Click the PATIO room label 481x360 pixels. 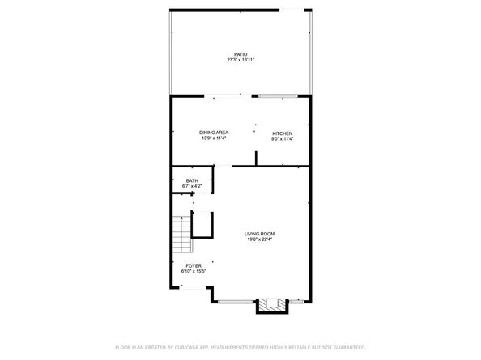click(x=240, y=55)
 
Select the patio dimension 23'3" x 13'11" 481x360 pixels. click(x=240, y=61)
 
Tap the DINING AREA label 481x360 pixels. click(x=215, y=133)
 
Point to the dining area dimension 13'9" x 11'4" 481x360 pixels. click(x=215, y=138)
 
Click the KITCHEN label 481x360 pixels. click(x=282, y=133)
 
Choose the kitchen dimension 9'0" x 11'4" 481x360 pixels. click(x=282, y=138)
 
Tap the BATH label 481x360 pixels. click(x=192, y=180)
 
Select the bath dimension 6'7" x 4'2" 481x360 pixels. click(x=192, y=186)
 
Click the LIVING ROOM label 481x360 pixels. click(x=260, y=234)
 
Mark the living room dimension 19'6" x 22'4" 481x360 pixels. click(x=260, y=239)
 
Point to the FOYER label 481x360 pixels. click(x=193, y=265)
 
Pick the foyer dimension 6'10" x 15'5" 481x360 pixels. click(x=193, y=271)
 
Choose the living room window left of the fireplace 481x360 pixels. click(x=235, y=302)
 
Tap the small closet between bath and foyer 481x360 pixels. click(x=202, y=224)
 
